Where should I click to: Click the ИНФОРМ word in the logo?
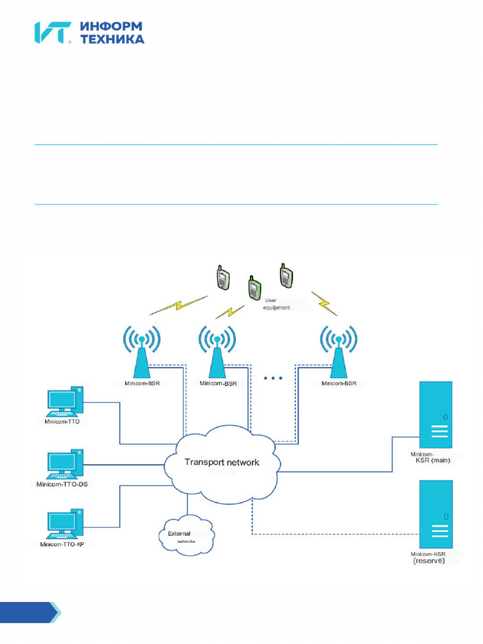click(111, 26)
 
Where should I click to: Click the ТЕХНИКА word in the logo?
click(113, 39)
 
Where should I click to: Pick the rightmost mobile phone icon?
click(286, 275)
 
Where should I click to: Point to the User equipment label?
click(277, 304)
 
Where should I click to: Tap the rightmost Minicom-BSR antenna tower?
click(339, 355)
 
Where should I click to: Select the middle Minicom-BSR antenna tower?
click(218, 355)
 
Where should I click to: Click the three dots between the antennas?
click(273, 378)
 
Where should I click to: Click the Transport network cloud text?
click(221, 462)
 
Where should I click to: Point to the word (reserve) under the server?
click(429, 561)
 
